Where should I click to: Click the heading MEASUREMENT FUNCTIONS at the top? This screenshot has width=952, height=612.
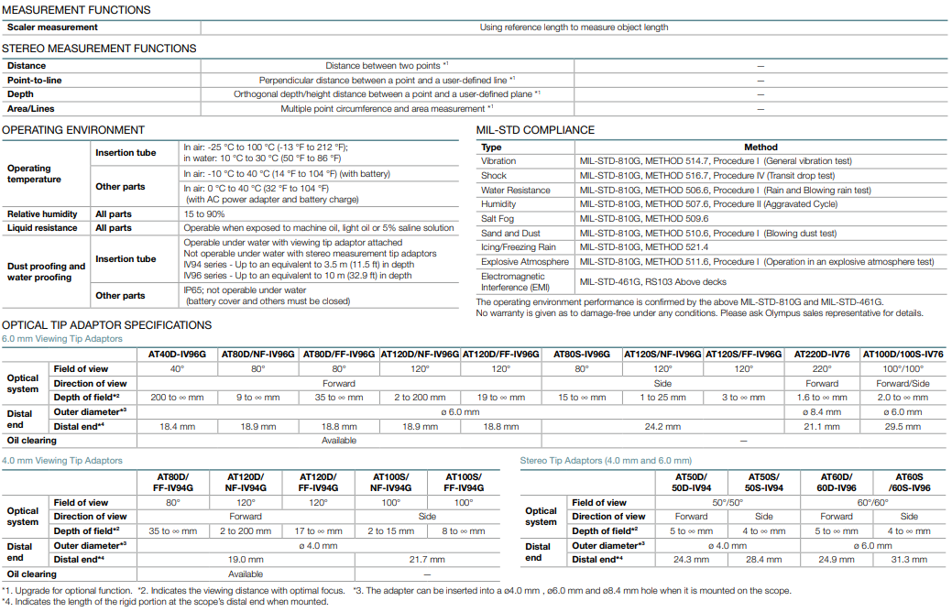(76, 10)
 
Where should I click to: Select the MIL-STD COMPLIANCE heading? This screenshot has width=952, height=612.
(535, 130)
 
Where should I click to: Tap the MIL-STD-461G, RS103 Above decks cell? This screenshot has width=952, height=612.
(651, 281)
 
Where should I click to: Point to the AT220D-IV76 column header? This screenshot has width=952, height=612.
(822, 354)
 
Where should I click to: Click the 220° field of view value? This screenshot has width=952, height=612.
(822, 369)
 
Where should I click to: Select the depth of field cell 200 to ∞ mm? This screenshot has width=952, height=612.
(177, 398)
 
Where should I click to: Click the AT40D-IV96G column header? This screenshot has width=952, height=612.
(177, 354)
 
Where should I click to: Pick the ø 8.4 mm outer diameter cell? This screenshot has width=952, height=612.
(822, 412)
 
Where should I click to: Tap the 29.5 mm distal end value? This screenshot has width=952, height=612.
(903, 427)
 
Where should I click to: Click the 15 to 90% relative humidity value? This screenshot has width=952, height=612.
(203, 213)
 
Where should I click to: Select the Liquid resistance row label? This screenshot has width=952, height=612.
(43, 228)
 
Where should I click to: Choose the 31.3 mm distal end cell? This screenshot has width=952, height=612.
(909, 559)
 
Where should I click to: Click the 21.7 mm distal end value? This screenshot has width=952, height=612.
(427, 559)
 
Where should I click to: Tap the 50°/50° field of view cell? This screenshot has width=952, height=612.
(728, 502)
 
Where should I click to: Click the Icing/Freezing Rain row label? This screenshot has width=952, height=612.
(518, 247)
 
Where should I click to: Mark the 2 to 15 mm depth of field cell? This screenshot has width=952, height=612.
(390, 531)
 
